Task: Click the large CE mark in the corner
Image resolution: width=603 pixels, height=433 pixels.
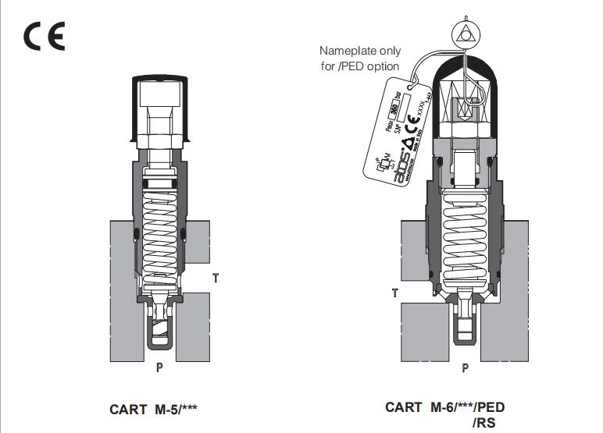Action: click(x=45, y=36)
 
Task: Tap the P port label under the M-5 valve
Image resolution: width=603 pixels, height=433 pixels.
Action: click(x=159, y=367)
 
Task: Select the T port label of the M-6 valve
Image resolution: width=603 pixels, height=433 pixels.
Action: click(x=394, y=293)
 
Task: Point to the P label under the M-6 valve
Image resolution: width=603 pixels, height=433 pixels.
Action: click(x=466, y=367)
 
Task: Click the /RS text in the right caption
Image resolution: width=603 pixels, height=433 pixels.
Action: click(x=484, y=422)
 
